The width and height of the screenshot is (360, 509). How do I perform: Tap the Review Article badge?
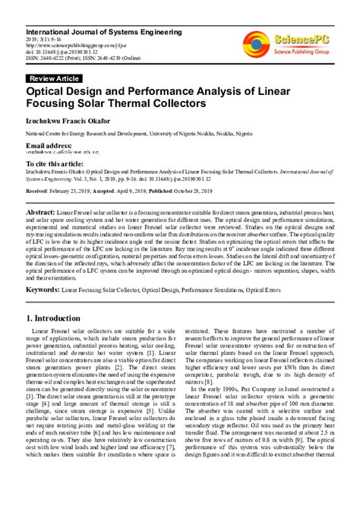[x=55, y=78]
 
